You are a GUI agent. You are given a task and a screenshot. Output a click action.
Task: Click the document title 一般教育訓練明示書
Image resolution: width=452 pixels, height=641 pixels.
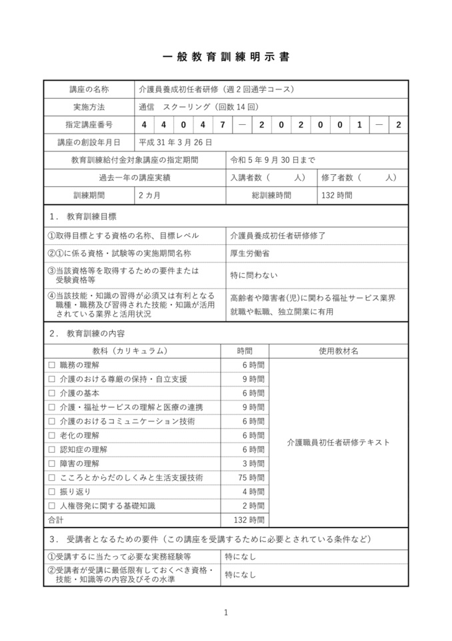(x=226, y=57)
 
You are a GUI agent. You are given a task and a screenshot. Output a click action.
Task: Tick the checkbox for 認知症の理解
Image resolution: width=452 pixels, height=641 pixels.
(x=52, y=449)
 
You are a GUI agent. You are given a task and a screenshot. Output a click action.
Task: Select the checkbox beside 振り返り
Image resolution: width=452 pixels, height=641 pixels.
(x=52, y=491)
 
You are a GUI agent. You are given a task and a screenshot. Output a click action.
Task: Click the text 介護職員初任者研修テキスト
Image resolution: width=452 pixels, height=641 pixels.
(x=338, y=442)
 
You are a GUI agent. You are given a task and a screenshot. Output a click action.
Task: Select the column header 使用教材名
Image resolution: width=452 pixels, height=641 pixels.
(x=338, y=351)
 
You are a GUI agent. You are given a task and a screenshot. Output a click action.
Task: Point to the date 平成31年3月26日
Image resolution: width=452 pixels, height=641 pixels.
(x=175, y=142)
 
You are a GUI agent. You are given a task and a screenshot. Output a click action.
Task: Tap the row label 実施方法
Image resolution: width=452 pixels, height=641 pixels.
(x=89, y=107)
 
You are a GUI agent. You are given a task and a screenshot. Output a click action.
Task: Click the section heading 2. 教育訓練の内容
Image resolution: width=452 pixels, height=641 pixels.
(x=87, y=333)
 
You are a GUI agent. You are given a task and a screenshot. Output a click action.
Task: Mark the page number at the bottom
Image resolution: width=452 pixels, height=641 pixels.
(x=226, y=612)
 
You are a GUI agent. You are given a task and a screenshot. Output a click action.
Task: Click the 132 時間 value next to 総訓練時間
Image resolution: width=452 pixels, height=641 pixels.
(x=337, y=196)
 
